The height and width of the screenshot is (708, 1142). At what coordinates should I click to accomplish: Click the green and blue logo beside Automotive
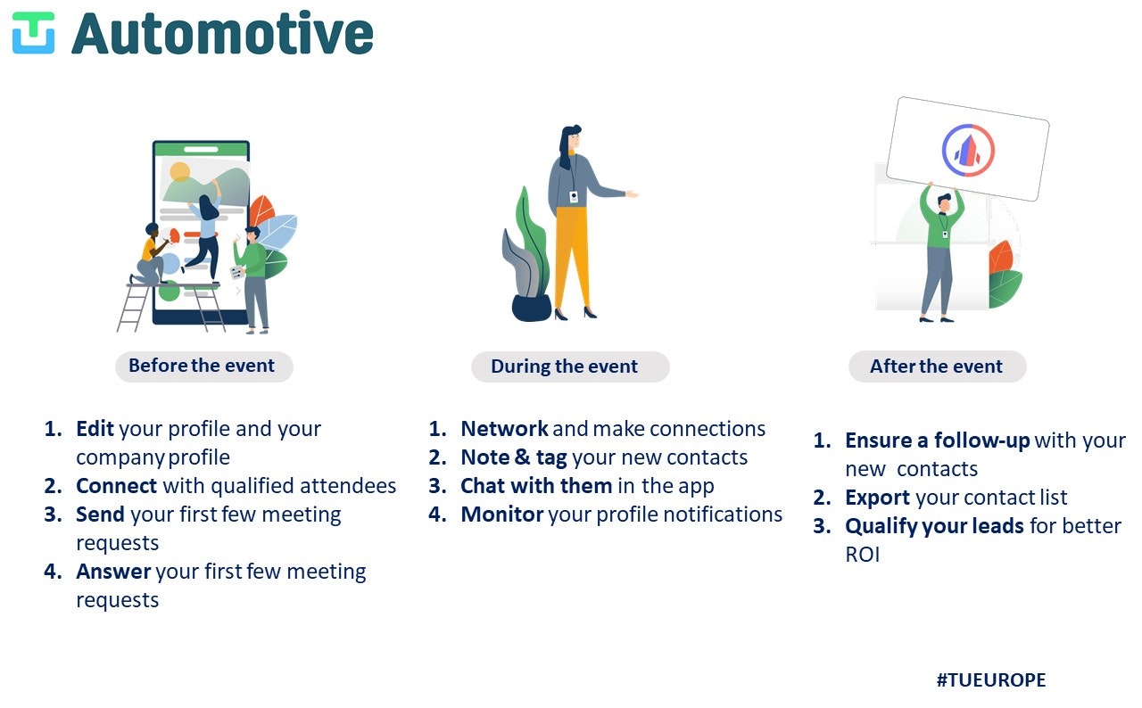tap(33, 33)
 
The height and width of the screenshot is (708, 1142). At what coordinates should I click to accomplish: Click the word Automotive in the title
tap(223, 34)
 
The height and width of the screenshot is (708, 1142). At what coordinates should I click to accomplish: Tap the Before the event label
tap(202, 366)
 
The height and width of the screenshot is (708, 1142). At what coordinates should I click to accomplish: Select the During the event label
tap(565, 366)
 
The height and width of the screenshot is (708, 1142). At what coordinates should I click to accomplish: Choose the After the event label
tap(937, 366)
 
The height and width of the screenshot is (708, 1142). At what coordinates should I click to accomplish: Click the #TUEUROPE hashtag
tap(991, 680)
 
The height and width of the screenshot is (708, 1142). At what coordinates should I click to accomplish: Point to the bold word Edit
tap(95, 428)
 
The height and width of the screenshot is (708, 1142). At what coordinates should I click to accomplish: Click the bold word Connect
tap(117, 485)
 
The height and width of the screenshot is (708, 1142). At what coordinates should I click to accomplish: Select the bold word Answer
tap(113, 571)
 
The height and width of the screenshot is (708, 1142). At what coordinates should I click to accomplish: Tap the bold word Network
tap(505, 428)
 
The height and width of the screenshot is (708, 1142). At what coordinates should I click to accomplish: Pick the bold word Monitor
tap(502, 514)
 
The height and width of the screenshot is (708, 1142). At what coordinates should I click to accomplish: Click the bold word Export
tap(877, 498)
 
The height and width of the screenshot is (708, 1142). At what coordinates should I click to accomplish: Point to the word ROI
tap(863, 554)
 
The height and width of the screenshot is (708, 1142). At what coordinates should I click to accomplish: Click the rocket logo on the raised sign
tap(968, 151)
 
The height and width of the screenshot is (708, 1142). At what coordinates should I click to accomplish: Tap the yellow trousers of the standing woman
tap(572, 257)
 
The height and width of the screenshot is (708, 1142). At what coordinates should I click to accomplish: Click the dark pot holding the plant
tap(531, 308)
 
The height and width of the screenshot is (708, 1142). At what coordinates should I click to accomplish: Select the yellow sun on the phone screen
tap(179, 172)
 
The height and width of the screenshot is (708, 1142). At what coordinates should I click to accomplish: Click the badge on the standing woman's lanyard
tap(574, 196)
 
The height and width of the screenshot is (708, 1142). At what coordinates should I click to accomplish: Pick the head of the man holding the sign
tap(944, 202)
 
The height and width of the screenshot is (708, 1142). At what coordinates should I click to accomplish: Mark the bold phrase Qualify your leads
tap(934, 526)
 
